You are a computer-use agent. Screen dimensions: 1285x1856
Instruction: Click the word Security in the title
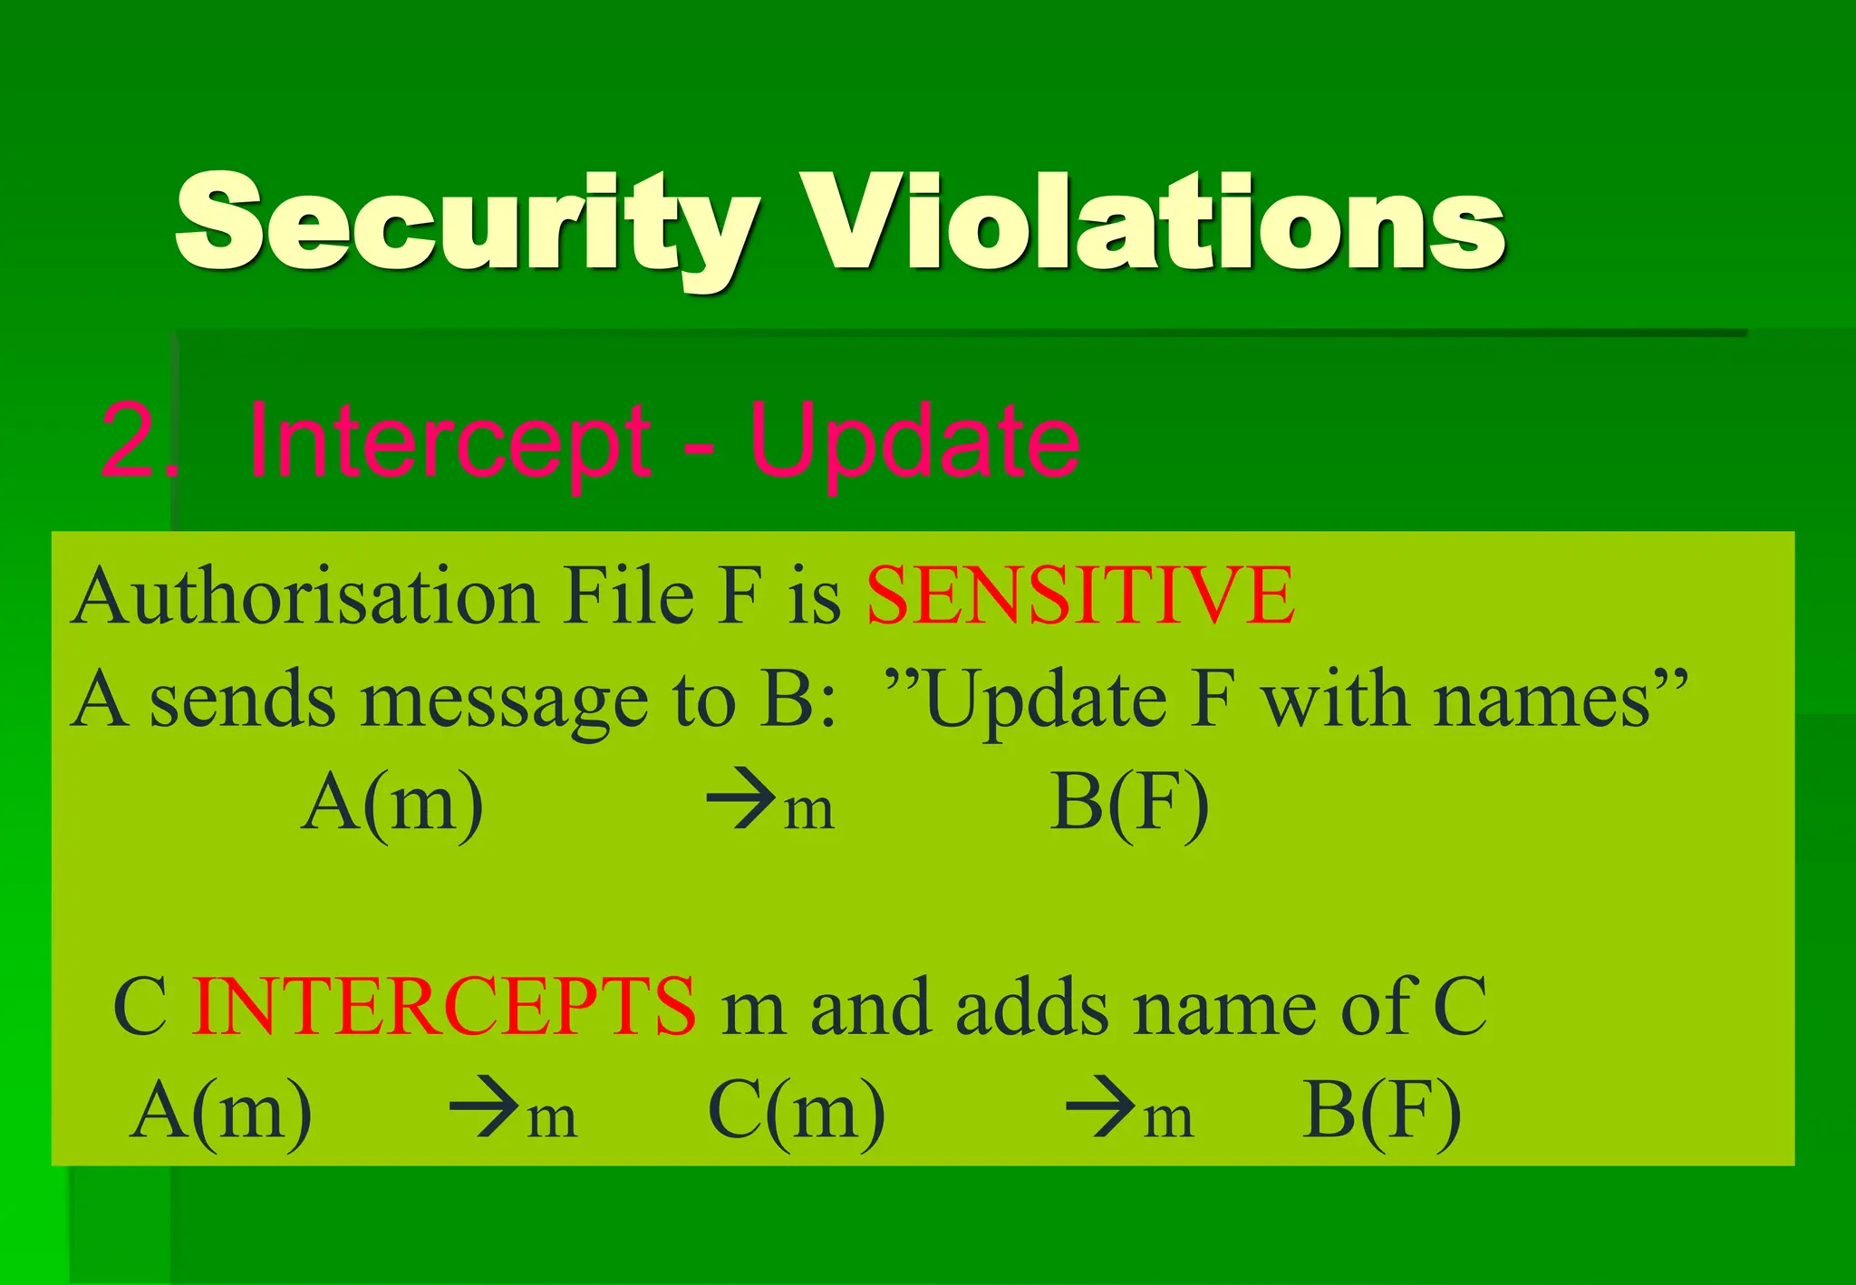pyautogui.click(x=467, y=222)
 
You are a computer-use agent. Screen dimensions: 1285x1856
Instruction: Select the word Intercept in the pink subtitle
pyautogui.click(x=449, y=441)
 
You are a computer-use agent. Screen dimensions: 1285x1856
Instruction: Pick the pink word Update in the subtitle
pyautogui.click(x=915, y=441)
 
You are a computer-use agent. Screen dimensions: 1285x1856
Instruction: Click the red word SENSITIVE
pyautogui.click(x=1080, y=595)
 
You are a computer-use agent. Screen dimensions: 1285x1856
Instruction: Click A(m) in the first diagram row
pyautogui.click(x=392, y=802)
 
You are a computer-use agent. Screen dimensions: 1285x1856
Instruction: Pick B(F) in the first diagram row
pyautogui.click(x=1129, y=802)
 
